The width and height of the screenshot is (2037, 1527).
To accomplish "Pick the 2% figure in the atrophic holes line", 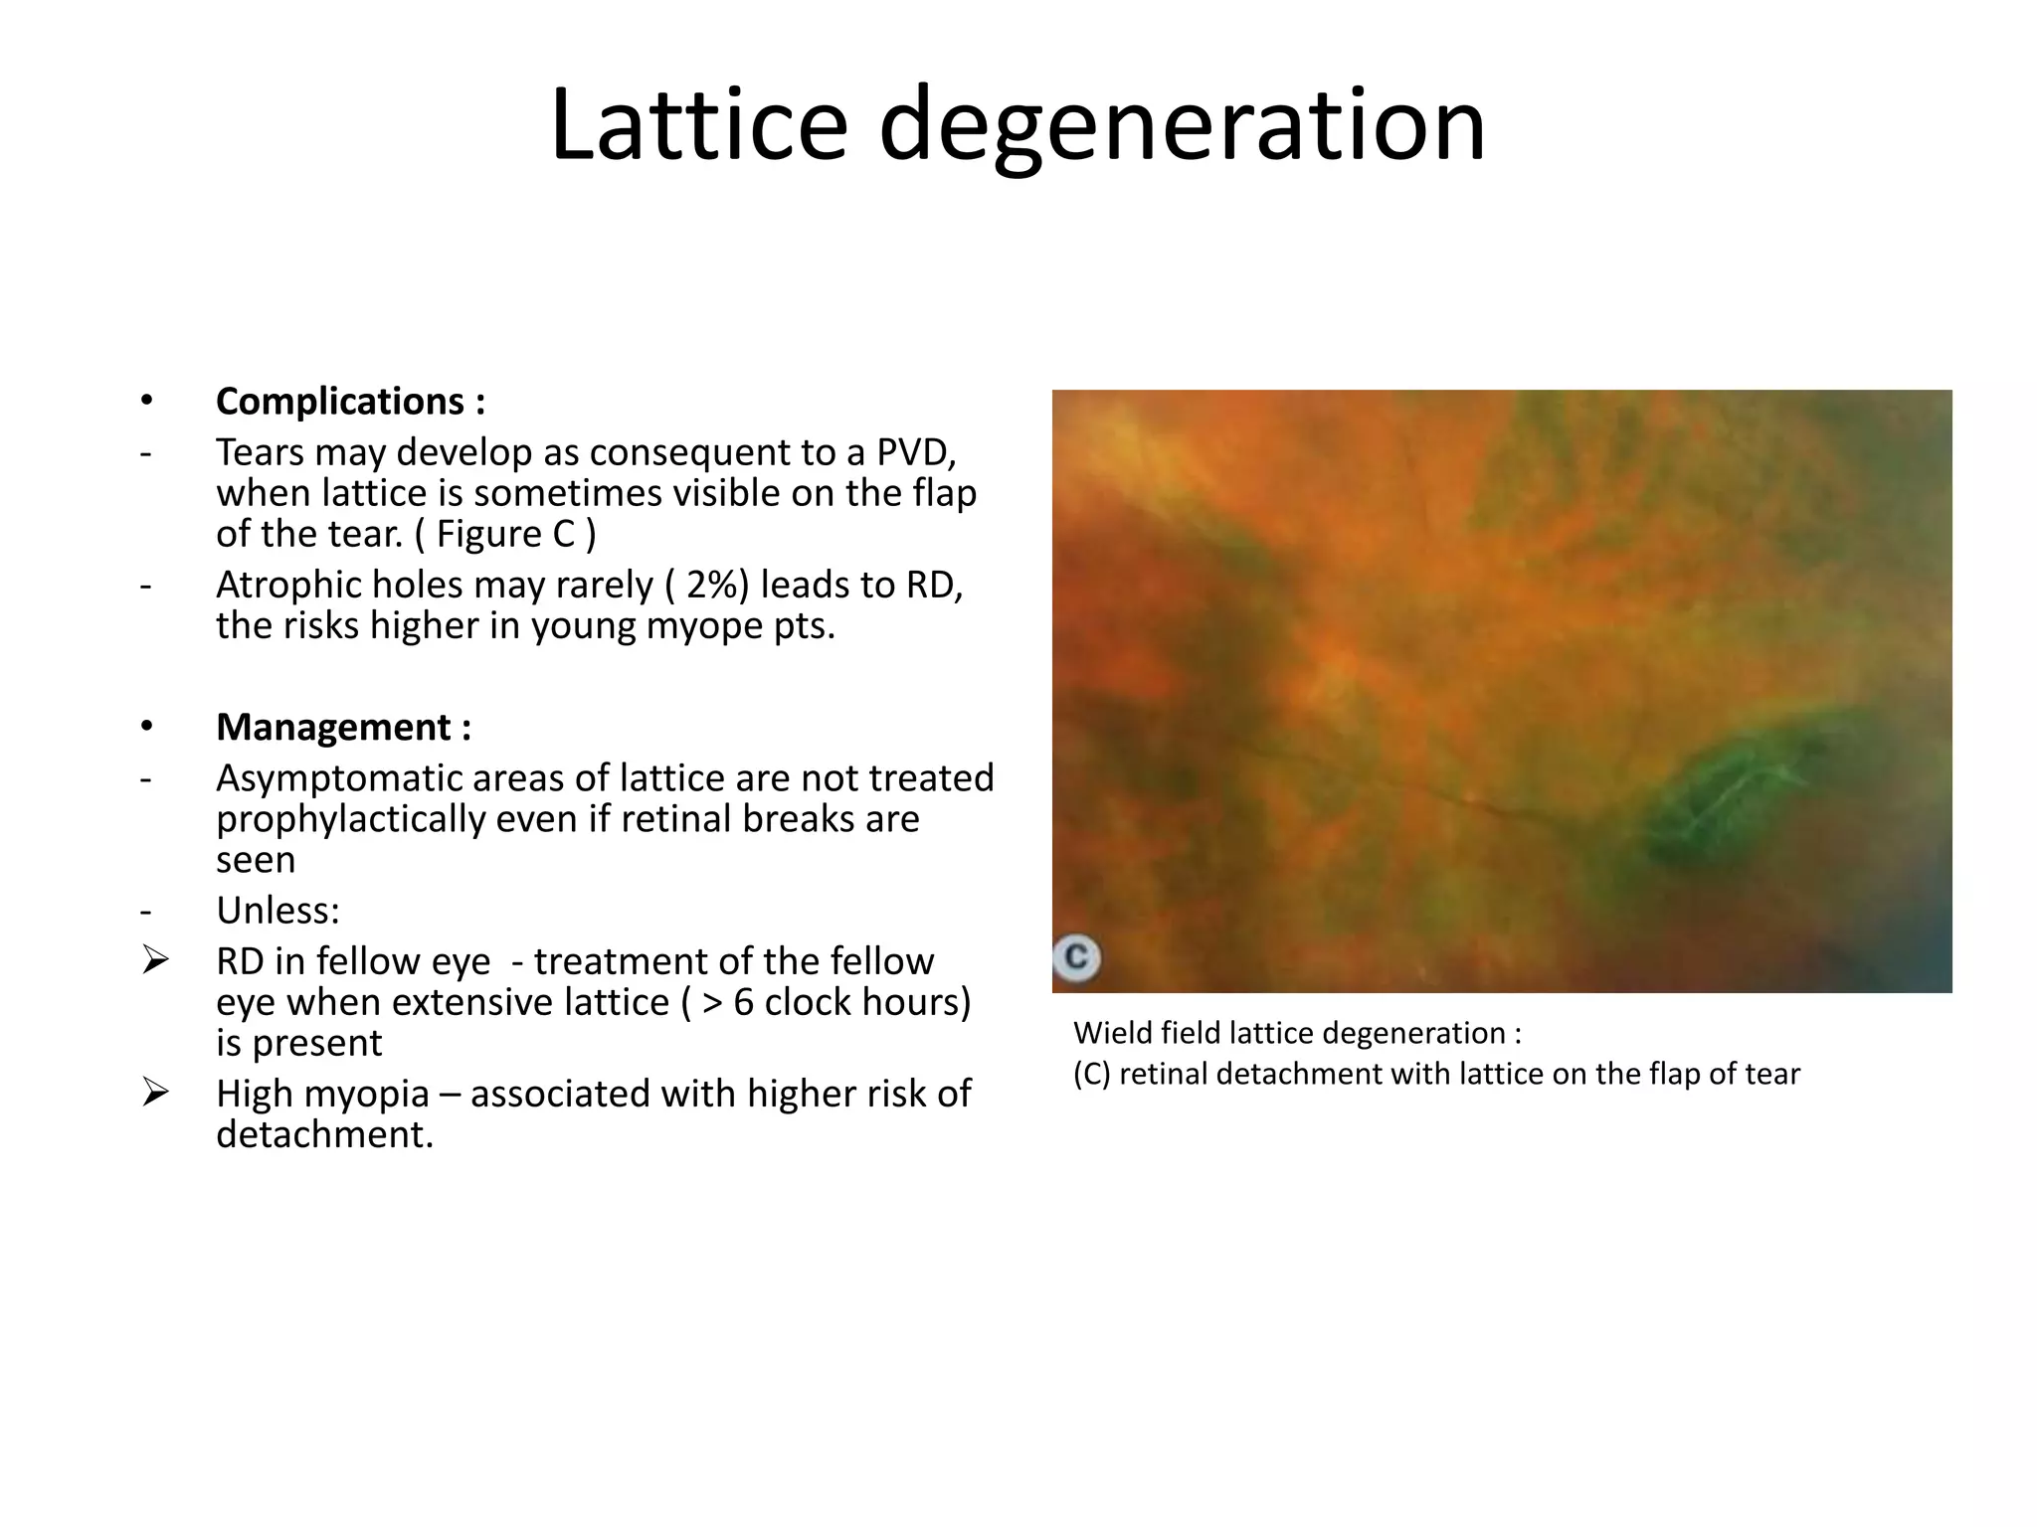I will tap(705, 586).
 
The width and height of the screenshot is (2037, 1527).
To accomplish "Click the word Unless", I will tap(276, 911).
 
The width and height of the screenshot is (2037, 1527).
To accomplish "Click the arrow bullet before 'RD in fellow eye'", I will tap(154, 960).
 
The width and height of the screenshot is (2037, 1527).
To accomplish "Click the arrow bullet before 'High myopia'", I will tap(154, 1093).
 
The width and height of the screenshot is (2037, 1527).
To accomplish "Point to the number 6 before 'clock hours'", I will tap(744, 1002).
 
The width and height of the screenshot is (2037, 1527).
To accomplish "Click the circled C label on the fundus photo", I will tap(1075, 957).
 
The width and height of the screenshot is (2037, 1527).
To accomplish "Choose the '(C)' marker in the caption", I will tap(1091, 1075).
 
